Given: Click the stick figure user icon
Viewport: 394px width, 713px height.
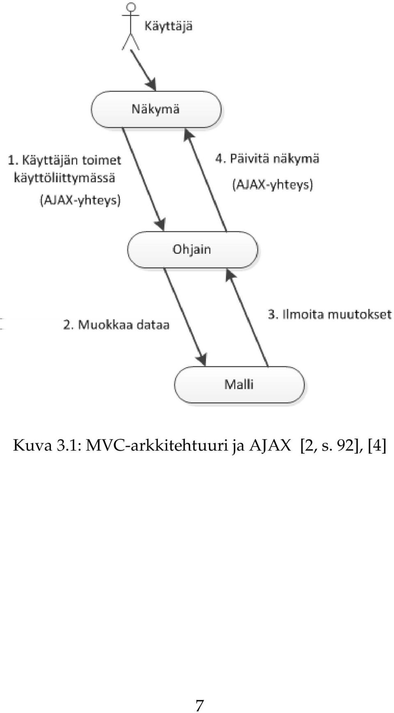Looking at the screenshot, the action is [x=131, y=26].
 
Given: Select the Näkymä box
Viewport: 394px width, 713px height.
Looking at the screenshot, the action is [x=156, y=110].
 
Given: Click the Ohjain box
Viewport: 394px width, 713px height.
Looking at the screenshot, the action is [x=192, y=250].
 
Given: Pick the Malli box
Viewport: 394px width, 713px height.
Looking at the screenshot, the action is [x=239, y=385].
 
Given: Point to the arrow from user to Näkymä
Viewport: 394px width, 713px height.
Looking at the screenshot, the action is [x=143, y=70].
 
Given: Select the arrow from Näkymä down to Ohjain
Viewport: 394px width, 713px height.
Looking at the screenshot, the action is [x=144, y=179].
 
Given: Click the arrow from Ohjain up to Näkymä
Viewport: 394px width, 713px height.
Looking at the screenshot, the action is [x=205, y=181].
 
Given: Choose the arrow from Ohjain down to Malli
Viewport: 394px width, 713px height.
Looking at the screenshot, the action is [x=185, y=317].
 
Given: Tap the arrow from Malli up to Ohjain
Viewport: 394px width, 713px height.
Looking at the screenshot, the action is [x=247, y=318].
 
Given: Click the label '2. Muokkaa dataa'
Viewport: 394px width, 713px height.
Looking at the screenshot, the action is [x=116, y=325].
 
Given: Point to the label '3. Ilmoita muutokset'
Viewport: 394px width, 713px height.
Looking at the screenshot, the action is [x=330, y=315].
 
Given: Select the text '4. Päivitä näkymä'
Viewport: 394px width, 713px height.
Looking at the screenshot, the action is [x=267, y=159].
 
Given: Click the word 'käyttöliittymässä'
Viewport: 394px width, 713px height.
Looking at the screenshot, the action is [x=64, y=178].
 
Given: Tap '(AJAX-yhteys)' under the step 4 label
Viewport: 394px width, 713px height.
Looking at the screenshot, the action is [x=273, y=184].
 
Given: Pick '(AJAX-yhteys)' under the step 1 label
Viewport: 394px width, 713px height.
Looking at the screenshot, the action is [x=80, y=200].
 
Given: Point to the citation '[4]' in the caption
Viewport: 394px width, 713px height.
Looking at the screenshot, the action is [x=377, y=446].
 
